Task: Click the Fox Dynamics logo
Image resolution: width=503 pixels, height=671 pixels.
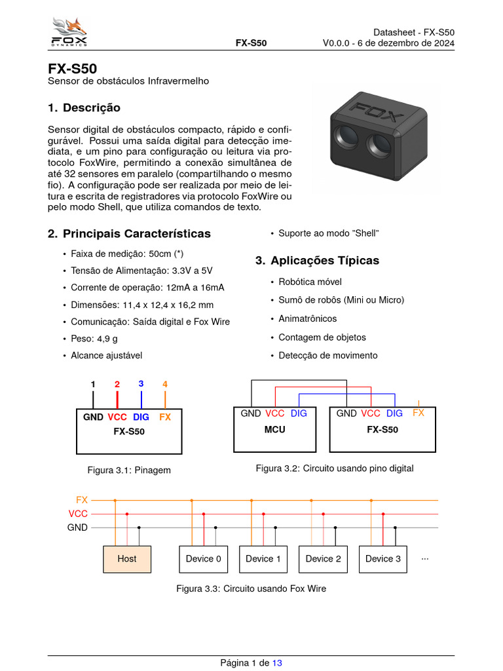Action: tap(69, 33)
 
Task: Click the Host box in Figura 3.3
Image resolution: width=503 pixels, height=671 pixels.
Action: tap(127, 559)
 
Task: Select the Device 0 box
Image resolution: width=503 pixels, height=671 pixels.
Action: tap(203, 559)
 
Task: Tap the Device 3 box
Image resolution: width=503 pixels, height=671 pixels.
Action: tap(383, 559)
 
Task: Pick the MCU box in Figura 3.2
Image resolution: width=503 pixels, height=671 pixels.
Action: tap(274, 430)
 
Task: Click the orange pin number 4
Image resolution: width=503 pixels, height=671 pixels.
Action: tap(165, 384)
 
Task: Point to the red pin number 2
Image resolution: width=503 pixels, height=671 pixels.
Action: tap(117, 385)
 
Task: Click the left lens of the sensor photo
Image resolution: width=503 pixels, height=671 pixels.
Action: tap(345, 135)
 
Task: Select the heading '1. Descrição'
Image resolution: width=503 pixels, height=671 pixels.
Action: tap(84, 107)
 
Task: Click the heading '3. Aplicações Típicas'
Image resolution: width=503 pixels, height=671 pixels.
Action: tap(317, 260)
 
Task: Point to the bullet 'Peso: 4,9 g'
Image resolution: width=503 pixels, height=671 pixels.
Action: tap(94, 339)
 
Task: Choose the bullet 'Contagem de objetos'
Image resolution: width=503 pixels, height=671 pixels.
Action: tap(322, 337)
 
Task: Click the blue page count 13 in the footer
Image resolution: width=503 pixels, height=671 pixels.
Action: tap(277, 663)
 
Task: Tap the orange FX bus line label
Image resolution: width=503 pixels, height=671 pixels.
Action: tap(82, 500)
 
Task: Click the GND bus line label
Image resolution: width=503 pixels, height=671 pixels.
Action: tap(77, 527)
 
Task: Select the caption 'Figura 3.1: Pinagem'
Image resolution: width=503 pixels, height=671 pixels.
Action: tap(129, 470)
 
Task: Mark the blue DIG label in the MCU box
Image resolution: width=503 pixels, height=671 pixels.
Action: tap(299, 413)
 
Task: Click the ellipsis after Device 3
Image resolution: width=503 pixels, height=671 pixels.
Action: tap(425, 558)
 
